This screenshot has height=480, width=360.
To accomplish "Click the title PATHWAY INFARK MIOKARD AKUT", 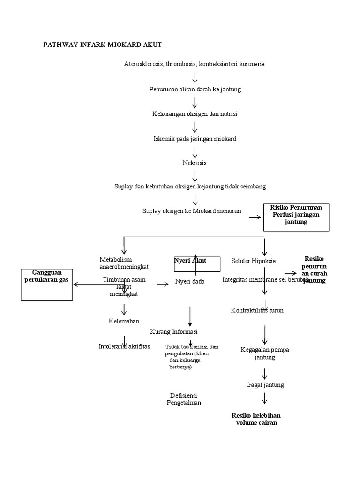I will (x=102, y=45).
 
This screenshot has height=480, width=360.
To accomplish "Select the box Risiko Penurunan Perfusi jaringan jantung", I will (x=296, y=217).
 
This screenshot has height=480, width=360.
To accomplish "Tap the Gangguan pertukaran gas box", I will (x=47, y=284).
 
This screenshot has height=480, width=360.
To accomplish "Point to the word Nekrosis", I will (x=195, y=163).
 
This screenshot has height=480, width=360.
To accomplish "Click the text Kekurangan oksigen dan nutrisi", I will (x=195, y=114).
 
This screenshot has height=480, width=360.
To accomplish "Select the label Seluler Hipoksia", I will (x=254, y=261).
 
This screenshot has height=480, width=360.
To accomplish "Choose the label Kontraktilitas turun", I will (x=264, y=310).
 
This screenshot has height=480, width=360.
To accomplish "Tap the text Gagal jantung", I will (x=265, y=385).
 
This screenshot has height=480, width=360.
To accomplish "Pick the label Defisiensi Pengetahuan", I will (x=184, y=398).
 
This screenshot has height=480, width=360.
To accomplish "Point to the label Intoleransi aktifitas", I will (x=124, y=346).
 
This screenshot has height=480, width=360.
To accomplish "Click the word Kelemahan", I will (x=124, y=321).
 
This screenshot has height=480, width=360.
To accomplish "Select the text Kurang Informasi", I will (x=174, y=332).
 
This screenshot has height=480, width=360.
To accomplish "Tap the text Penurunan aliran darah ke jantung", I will (x=195, y=89).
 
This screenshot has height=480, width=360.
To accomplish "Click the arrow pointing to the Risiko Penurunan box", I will (x=255, y=217).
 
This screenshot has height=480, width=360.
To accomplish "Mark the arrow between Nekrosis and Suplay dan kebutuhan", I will (x=195, y=175).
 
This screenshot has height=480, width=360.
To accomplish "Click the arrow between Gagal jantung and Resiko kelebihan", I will (x=265, y=398).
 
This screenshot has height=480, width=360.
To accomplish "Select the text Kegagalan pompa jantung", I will (x=265, y=353).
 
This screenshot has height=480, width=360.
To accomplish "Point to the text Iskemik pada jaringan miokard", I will (x=195, y=139).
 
